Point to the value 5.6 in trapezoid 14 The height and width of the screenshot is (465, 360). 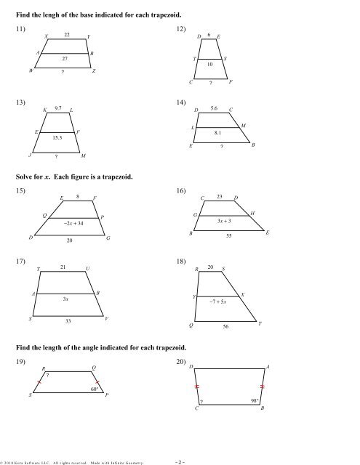[214, 108]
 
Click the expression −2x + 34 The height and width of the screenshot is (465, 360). [73, 222]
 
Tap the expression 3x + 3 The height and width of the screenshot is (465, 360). [225, 220]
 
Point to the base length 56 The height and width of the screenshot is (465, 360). [226, 328]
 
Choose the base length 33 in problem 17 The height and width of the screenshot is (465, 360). [68, 320]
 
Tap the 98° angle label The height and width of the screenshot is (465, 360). [255, 400]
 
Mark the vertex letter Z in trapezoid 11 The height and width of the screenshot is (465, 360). [95, 72]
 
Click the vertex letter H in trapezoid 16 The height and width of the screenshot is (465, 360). [252, 213]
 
